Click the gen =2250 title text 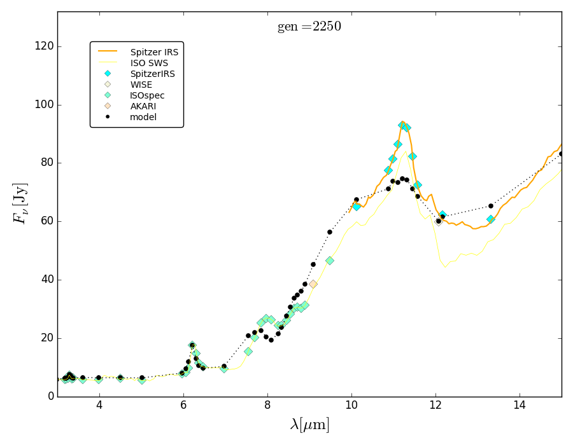[x=309, y=27]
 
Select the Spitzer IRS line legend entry [x=154, y=52]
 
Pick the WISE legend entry [x=141, y=85]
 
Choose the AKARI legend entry [x=143, y=106]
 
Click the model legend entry [x=143, y=117]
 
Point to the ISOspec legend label [x=147, y=95]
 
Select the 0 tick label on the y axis [x=50, y=396]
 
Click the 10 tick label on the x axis [x=351, y=406]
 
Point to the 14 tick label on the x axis [x=520, y=406]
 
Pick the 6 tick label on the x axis [x=183, y=406]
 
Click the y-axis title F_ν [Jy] [x=20, y=203]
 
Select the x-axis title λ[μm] [x=309, y=425]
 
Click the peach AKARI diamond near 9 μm [x=313, y=284]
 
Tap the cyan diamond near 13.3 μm [x=490, y=219]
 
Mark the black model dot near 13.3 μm [x=490, y=206]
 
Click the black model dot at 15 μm [x=561, y=154]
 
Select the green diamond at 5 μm [x=141, y=380]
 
